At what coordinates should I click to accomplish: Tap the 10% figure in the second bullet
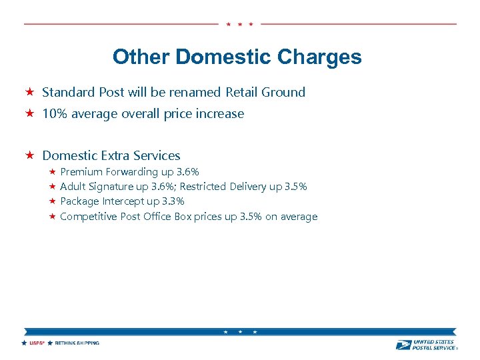point(54,113)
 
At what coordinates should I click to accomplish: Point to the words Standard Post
point(74,92)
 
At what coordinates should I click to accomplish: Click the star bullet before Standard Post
point(29,92)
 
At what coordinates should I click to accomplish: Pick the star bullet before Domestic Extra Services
point(29,155)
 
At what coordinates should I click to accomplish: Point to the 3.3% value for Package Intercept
point(173,201)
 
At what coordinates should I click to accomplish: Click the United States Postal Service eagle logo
point(403,345)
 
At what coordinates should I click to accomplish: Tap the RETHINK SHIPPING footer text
point(77,343)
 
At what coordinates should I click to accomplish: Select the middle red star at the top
point(239,24)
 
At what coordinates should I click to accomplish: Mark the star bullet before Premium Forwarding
point(52,172)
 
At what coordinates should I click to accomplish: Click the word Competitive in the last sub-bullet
point(89,216)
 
